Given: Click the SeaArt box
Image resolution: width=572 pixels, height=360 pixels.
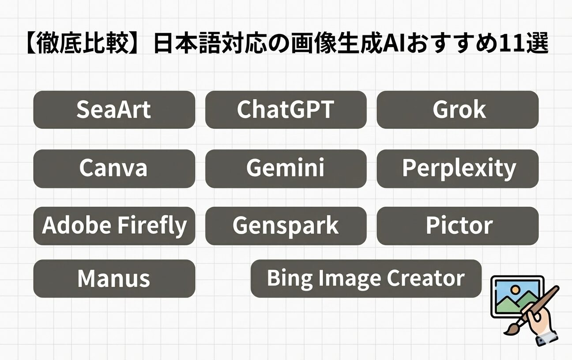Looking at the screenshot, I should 114,110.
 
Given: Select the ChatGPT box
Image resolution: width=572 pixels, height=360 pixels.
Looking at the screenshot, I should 286,110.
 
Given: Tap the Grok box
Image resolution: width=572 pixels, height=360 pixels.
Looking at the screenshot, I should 458,110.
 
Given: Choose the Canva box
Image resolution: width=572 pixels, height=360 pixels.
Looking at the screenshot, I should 114,169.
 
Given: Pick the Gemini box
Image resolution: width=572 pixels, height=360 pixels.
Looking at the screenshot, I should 286,169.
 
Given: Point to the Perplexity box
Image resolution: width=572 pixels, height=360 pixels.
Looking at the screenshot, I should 458,169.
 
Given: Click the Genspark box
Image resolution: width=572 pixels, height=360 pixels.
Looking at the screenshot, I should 286,226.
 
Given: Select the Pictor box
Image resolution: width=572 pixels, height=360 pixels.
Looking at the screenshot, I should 458,226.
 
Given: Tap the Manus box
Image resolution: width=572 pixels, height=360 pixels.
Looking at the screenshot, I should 114,278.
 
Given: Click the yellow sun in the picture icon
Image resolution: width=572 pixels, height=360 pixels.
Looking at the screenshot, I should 515,290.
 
